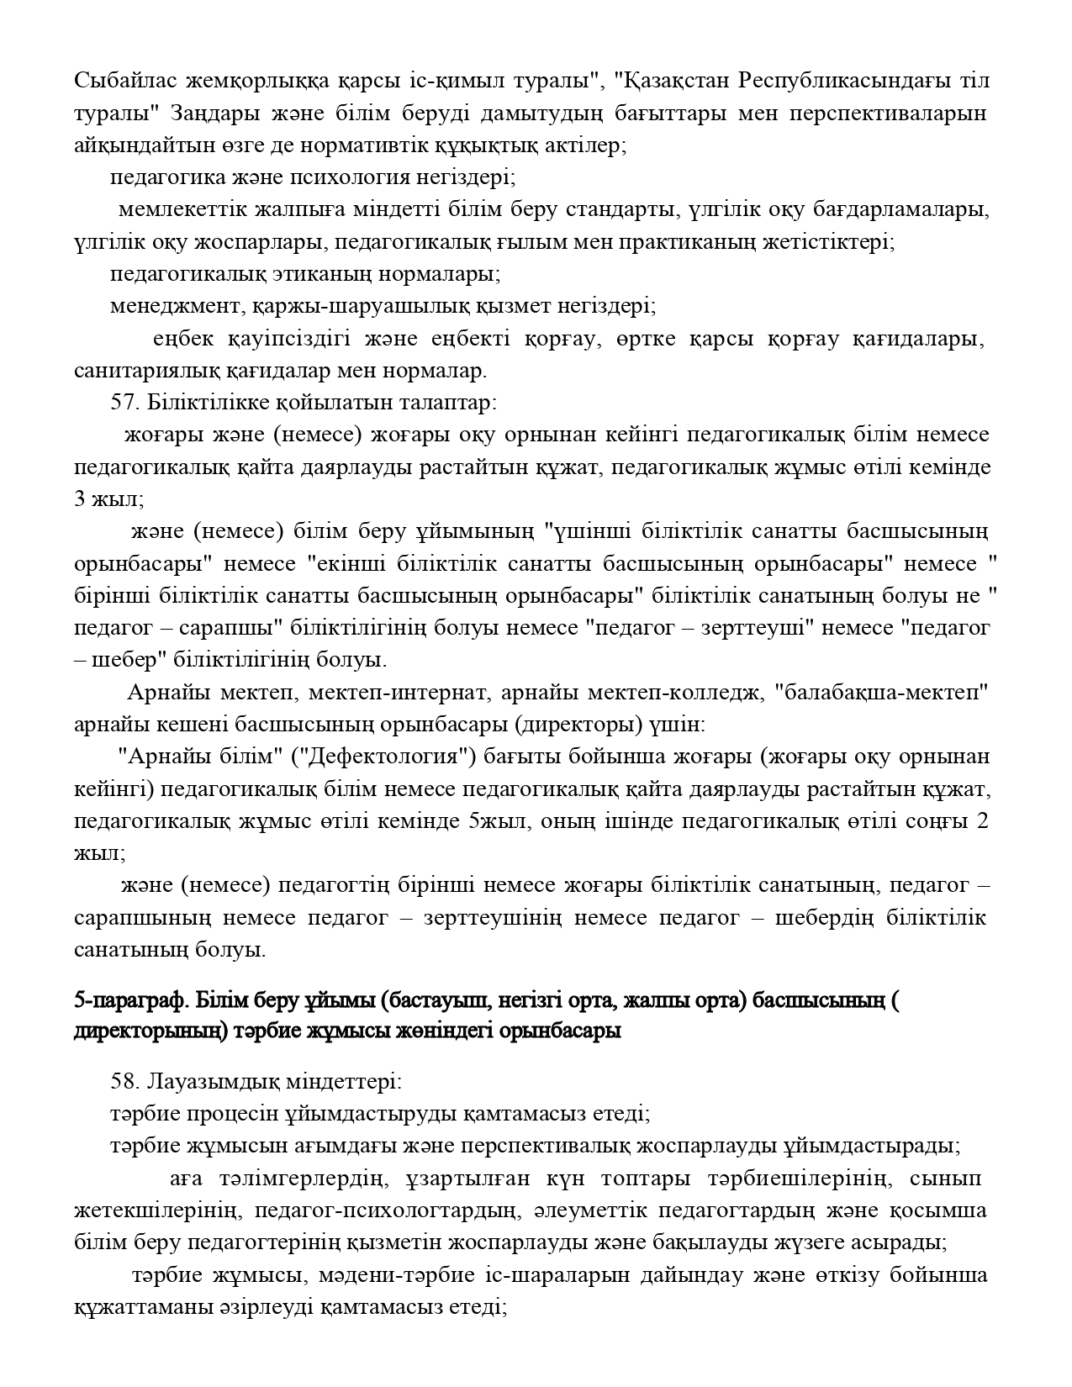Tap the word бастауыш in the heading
pos(437,1000)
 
